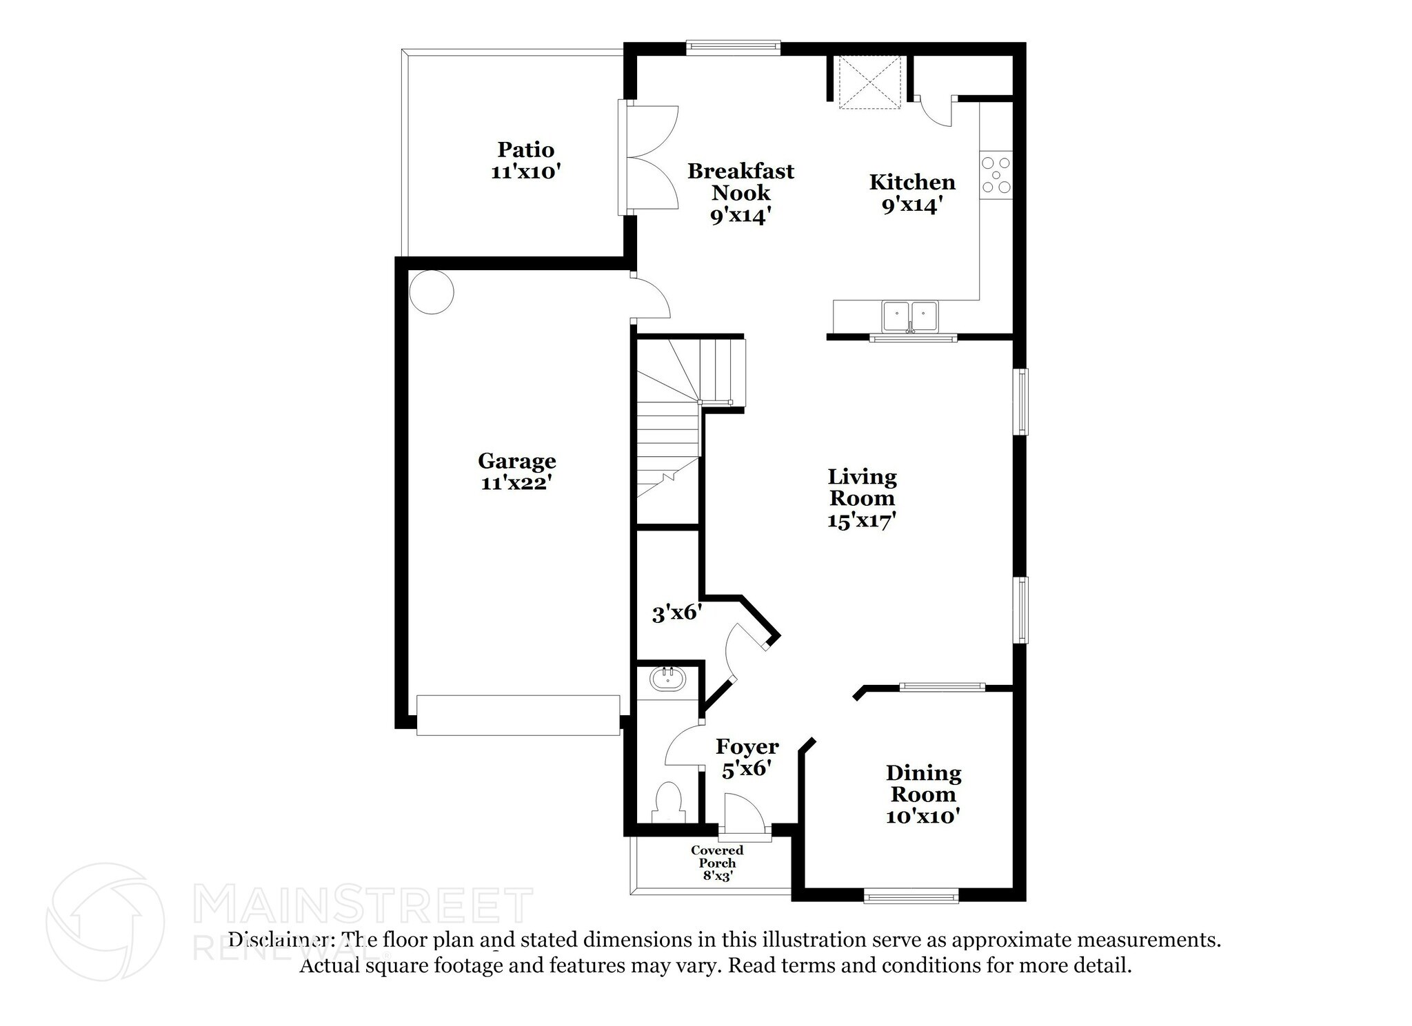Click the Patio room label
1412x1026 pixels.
pos(526,149)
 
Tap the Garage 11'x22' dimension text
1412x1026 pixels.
pos(516,483)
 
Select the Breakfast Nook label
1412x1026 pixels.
pos(740,181)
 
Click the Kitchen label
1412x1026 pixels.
pos(912,182)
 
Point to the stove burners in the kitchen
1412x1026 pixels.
pos(996,175)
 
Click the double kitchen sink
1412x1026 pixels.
pos(910,317)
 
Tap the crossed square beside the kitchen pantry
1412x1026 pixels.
pos(869,82)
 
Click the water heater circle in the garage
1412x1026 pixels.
pos(432,291)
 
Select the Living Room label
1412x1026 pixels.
pos(862,486)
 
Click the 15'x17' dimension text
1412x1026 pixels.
pos(862,520)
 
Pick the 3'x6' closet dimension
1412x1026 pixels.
pos(677,613)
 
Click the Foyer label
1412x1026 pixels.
pos(747,746)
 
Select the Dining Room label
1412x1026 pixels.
pos(923,783)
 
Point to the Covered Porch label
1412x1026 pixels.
pos(717,856)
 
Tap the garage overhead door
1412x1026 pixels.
pos(518,715)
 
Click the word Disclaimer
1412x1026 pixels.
pos(279,940)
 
